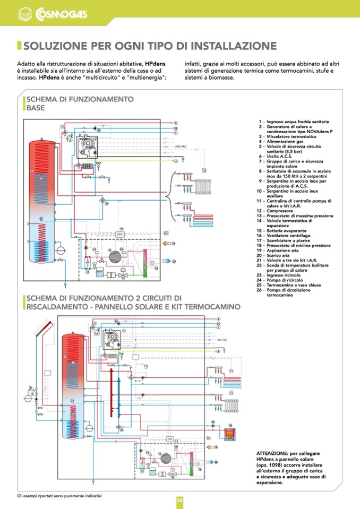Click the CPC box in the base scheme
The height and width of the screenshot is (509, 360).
click(x=120, y=234)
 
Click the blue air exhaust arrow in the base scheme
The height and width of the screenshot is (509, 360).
click(x=167, y=261)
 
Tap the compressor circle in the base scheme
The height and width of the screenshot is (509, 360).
click(x=115, y=256)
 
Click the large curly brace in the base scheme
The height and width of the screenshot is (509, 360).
click(x=169, y=200)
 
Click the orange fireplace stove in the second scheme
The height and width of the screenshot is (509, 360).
click(x=230, y=435)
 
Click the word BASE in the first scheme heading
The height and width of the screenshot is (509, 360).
click(x=36, y=108)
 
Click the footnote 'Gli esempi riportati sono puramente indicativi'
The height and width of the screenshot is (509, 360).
click(x=59, y=496)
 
